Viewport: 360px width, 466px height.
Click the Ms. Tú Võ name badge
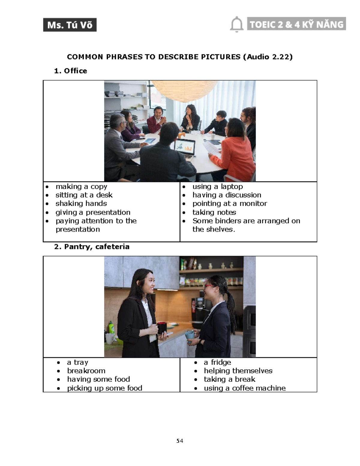[70, 25]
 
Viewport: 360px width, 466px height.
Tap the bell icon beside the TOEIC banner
[237, 24]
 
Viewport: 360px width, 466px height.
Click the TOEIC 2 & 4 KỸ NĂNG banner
[296, 24]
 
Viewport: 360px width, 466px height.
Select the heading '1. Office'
[70, 71]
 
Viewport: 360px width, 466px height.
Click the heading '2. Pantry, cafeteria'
[92, 247]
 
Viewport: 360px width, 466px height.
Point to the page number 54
[180, 441]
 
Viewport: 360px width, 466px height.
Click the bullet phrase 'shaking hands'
[81, 203]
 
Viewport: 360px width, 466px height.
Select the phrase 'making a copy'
[81, 187]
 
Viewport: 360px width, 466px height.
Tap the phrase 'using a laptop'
[217, 187]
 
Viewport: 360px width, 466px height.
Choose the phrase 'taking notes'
[214, 212]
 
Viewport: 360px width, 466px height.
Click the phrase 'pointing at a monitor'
[229, 203]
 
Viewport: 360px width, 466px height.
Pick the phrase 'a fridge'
[217, 362]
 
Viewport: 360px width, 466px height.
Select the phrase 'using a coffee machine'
[244, 388]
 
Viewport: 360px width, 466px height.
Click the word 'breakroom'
[86, 371]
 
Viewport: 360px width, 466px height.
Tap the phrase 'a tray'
[77, 362]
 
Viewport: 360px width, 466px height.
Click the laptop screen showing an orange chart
[185, 147]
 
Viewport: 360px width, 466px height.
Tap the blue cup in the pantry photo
[189, 335]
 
